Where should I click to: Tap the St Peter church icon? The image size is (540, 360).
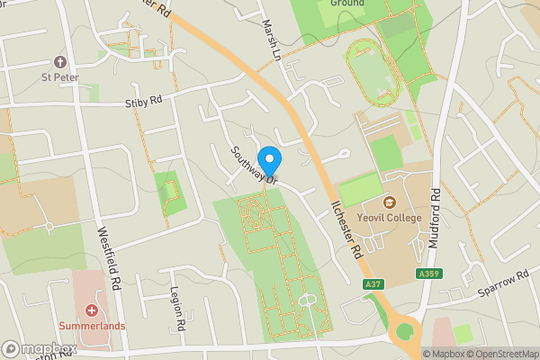coord(61,62)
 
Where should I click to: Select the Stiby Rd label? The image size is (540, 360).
coord(143,103)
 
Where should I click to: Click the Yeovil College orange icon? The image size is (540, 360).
coord(391,201)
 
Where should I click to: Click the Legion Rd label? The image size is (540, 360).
coord(177,309)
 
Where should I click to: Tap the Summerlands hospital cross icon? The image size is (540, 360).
coord(92,310)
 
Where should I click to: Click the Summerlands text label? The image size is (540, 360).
coord(92,325)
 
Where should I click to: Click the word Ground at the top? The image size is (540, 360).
coord(346,4)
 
